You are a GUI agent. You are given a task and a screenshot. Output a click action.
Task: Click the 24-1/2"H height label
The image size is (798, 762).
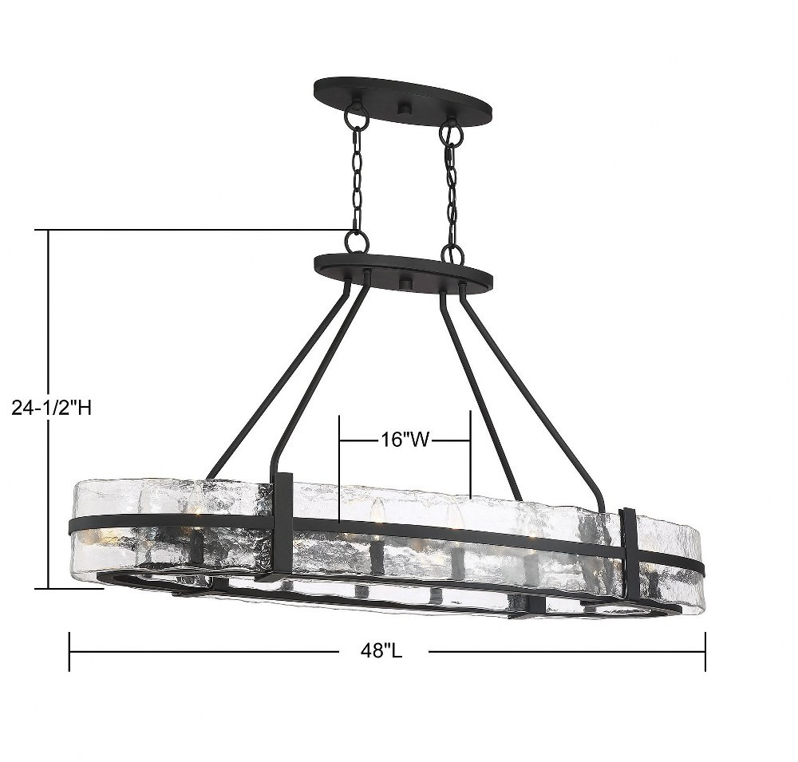51,407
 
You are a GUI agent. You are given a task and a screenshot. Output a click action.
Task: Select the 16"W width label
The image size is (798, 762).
405,439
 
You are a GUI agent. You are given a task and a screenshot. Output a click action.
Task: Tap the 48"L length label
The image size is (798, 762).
381,650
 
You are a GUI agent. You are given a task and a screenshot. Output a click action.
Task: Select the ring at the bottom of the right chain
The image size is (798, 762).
452,253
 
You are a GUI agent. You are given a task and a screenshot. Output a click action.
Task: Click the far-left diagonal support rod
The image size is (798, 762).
278,381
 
